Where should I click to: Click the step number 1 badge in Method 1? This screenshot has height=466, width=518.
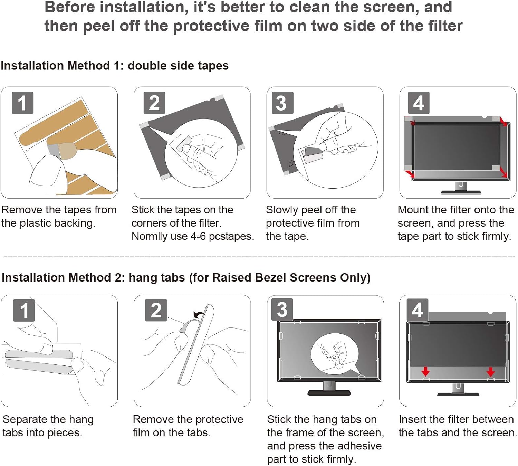(22, 103)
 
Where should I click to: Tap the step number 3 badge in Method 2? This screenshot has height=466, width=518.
(282, 310)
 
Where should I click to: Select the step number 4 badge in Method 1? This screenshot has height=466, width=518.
(419, 103)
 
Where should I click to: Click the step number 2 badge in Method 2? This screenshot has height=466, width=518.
(156, 310)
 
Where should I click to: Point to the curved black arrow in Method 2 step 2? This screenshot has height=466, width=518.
(199, 314)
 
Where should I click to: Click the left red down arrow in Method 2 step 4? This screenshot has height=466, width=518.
(425, 372)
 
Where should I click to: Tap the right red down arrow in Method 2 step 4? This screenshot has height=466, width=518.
(490, 372)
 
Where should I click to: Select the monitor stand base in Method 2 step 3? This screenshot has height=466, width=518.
(329, 392)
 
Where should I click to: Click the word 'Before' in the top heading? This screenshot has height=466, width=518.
(69, 7)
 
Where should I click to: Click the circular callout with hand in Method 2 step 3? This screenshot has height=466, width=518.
(335, 354)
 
